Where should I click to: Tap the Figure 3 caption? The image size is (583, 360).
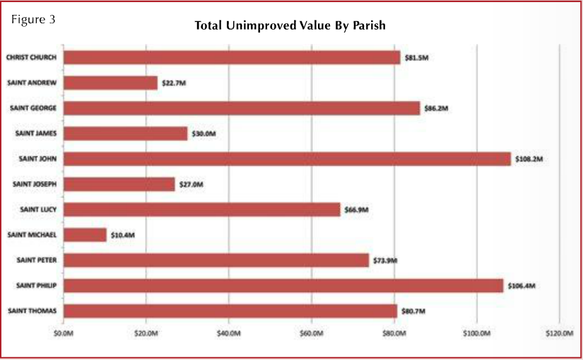tap(33, 19)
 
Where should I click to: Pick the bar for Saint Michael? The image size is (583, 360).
tap(85, 235)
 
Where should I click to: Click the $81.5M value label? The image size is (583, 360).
tap(416, 58)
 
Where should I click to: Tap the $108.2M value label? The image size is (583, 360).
tap(528, 159)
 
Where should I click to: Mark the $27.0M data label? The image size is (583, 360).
tap(191, 185)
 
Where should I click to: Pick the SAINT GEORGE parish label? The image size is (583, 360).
tap(33, 108)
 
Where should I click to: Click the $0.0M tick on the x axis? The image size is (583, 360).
tap(64, 332)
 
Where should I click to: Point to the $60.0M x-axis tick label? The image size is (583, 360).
tap(311, 332)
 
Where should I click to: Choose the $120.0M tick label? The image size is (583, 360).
tap(559, 332)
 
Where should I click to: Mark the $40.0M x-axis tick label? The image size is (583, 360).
tap(228, 332)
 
